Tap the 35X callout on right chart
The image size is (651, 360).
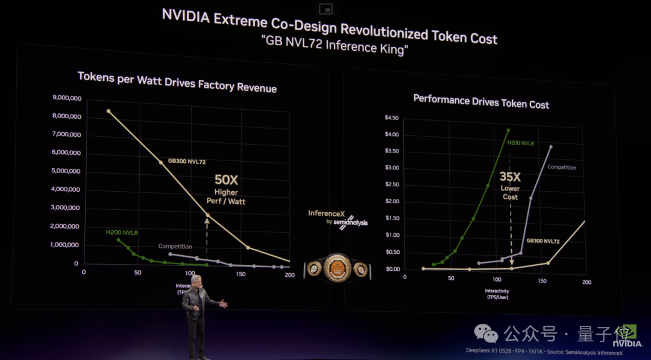[x=510, y=177]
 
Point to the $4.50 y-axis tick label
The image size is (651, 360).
[x=392, y=118]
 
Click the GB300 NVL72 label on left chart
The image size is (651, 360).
[x=187, y=162]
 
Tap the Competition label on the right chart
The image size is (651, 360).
[x=561, y=168]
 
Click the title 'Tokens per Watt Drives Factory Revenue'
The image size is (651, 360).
[x=177, y=82]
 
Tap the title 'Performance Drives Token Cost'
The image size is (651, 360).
[x=481, y=101]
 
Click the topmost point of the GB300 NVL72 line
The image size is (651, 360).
[x=108, y=111]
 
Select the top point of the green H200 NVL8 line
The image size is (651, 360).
[x=508, y=130]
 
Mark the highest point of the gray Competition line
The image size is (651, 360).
[x=550, y=146]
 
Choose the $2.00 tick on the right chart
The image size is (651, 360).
[x=392, y=201]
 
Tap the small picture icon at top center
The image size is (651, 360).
[x=326, y=8]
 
